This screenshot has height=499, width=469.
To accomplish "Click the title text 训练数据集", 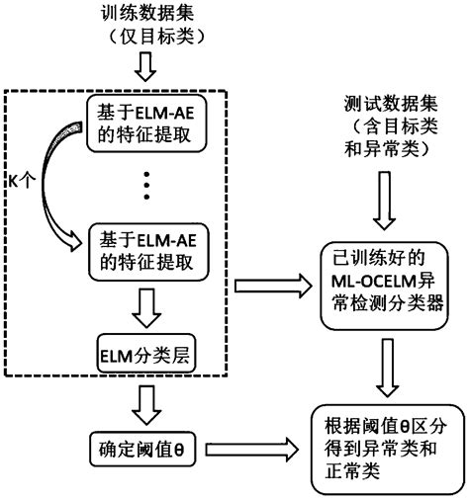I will click(145, 15).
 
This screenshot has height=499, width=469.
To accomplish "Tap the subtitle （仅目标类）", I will click(145, 38).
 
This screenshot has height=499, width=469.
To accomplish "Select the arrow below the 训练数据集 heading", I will click(145, 67).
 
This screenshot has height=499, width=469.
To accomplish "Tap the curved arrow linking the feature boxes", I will click(54, 188).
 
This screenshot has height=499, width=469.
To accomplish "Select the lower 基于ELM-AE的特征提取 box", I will click(145, 250).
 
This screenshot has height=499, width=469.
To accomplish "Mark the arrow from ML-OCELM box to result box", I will click(387, 366).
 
